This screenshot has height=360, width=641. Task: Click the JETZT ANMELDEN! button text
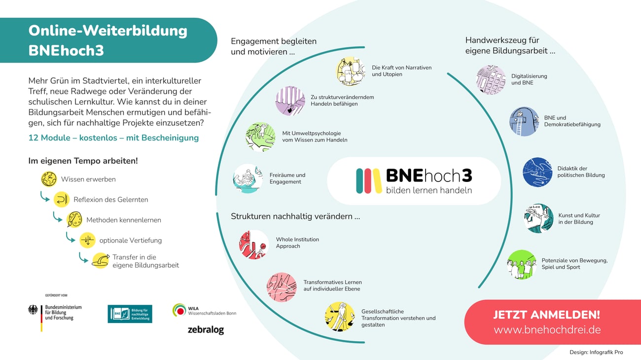[546, 315]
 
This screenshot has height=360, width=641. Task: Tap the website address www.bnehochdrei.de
[547, 330]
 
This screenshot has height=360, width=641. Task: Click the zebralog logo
[206, 330]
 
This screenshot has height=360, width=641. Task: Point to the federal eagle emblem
[34, 310]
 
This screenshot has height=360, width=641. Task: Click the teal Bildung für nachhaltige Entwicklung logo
[130, 314]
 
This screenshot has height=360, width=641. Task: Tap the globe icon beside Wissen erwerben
[49, 179]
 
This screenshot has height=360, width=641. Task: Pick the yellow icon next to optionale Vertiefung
[87, 240]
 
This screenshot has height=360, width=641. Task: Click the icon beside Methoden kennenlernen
[74, 219]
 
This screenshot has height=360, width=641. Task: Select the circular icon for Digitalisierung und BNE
[491, 80]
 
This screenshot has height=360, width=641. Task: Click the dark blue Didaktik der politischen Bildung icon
[537, 172]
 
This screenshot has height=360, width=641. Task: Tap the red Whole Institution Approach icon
[253, 244]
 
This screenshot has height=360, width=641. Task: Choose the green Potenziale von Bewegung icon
[521, 264]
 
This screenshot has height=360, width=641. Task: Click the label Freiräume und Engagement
[287, 179]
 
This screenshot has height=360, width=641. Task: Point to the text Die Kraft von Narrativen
[401, 68]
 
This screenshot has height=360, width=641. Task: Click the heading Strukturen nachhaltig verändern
[295, 216]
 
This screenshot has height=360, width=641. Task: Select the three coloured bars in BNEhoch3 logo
[368, 181]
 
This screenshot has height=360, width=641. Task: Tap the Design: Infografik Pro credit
[596, 353]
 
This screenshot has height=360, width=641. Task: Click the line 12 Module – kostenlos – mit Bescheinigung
[113, 138]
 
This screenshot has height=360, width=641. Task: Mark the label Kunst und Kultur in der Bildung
[579, 218]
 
